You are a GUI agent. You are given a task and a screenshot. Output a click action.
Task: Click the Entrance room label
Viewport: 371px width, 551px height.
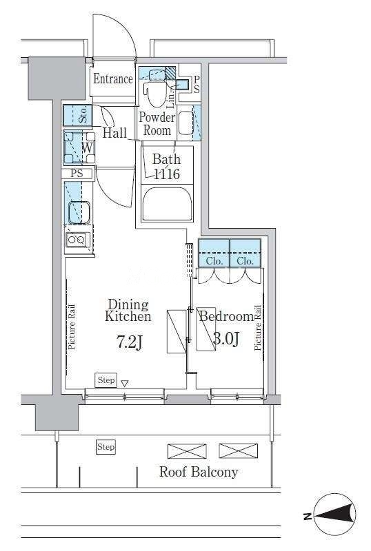(x=113, y=79)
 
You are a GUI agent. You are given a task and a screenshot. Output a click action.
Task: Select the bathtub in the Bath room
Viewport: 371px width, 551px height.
(x=167, y=204)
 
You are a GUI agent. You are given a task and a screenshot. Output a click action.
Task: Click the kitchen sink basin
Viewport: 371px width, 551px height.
(x=79, y=212)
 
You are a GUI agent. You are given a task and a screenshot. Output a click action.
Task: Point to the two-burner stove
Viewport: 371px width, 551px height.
(x=77, y=240)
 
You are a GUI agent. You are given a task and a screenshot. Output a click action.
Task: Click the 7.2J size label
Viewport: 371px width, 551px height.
(x=130, y=342)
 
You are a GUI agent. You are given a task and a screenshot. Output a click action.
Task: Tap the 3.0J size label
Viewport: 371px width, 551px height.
(x=227, y=339)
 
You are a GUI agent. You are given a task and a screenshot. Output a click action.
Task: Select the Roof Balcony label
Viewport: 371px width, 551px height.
(x=199, y=472)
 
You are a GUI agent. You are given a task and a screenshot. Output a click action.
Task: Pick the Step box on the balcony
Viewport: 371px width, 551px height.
(x=106, y=447)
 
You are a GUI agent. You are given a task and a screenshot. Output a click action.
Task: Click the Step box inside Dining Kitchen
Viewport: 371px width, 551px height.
(x=106, y=380)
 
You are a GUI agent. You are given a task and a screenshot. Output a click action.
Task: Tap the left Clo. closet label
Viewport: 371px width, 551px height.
(x=214, y=261)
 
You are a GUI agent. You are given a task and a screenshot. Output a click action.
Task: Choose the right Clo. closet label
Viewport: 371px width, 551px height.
(x=245, y=261)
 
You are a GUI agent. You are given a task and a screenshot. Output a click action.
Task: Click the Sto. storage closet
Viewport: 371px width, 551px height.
(x=78, y=115)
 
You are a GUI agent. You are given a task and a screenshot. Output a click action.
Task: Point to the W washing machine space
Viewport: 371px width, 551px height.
(x=79, y=147)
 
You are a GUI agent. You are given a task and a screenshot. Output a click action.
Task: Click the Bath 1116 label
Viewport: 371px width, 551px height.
(x=167, y=167)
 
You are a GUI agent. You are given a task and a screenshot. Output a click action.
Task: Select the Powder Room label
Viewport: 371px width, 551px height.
(x=157, y=124)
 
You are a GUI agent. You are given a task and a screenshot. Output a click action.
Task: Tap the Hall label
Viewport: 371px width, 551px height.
(x=114, y=132)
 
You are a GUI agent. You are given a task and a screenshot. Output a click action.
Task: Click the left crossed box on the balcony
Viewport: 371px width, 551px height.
(x=187, y=451)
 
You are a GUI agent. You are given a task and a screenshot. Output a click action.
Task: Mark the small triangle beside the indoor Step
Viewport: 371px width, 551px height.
(x=124, y=383)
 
